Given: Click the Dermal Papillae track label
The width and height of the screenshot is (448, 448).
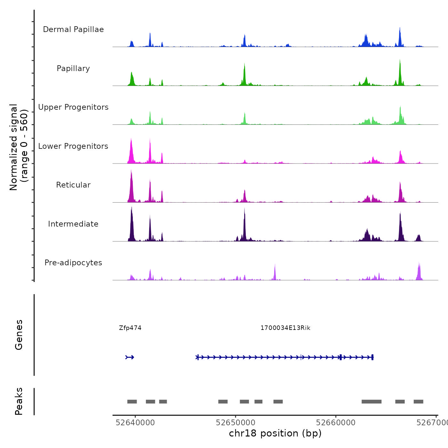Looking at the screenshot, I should tap(73, 29).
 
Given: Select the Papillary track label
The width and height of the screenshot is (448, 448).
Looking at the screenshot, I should tap(73, 68).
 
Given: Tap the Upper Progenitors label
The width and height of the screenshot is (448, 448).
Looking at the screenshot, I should tap(73, 107).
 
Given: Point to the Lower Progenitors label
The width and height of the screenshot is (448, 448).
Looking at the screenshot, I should tap(73, 146).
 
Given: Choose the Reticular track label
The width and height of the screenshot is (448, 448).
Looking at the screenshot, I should tap(73, 185).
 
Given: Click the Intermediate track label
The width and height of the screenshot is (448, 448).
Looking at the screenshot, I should tap(73, 224).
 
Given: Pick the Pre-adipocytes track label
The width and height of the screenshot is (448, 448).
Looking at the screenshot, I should tap(73, 263).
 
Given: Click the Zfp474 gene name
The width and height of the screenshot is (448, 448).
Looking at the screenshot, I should tap(130, 328).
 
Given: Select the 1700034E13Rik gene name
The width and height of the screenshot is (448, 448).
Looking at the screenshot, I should tap(285, 328).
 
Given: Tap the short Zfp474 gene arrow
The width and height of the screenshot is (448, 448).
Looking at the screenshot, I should tap(130, 357).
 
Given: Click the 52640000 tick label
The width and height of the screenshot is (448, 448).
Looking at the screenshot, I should tap(135, 423).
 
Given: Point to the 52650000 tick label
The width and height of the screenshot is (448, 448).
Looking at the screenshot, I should tap(236, 423).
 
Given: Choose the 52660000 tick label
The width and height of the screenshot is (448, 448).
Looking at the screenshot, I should tap(336, 423).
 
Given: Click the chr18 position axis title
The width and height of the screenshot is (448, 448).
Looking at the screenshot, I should tap(275, 433).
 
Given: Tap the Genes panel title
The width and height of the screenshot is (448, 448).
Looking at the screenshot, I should tap(19, 335).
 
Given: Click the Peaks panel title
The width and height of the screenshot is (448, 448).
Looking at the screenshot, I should tap(19, 401).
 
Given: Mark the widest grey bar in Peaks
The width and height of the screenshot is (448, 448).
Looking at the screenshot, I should tap(371, 402).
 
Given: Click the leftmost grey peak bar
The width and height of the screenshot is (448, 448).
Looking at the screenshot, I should tap(132, 402).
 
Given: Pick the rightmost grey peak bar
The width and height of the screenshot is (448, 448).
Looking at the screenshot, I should tap(418, 402).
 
